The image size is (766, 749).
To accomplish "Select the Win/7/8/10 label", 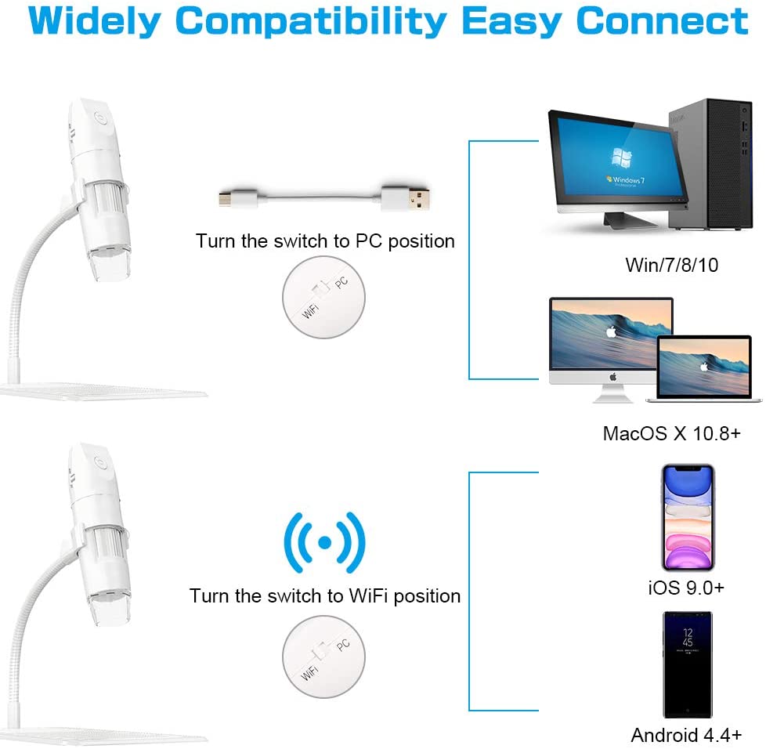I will (x=671, y=265).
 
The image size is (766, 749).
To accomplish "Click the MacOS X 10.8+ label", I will (x=671, y=433).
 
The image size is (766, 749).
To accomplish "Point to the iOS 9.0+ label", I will (x=685, y=588).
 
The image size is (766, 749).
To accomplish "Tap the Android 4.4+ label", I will (x=686, y=736).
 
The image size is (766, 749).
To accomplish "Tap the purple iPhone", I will (x=687, y=517).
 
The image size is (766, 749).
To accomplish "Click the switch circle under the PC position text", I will (x=323, y=299).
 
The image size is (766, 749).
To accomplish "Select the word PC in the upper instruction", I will (x=368, y=241).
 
